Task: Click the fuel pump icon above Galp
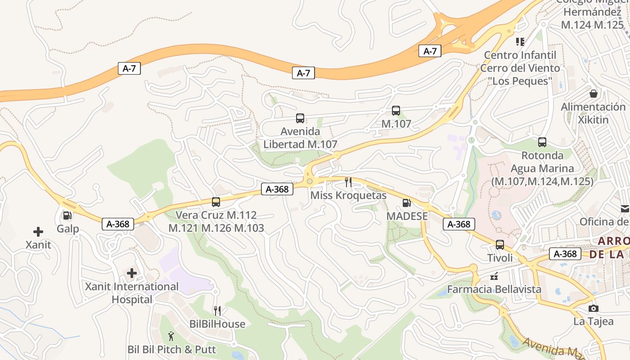coord(67,216)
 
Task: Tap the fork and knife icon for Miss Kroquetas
coord(348,182)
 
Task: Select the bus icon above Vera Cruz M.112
coord(216,202)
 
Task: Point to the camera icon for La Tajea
coord(594,308)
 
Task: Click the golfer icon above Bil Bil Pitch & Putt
coord(171,336)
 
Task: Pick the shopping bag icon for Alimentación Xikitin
coord(594,94)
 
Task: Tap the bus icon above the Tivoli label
coord(500,245)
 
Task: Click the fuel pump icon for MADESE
coord(406,203)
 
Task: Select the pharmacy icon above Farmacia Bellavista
coord(494,276)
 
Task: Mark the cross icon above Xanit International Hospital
coord(132,273)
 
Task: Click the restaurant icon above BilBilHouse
coord(217,311)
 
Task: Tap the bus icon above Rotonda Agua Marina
coord(542,142)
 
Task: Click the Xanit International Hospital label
coord(132,293)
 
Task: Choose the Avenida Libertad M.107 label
coord(300,138)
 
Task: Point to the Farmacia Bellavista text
coord(494,289)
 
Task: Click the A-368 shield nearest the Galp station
coord(118,224)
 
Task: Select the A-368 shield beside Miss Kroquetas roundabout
coord(277,189)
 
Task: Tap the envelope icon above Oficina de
coord(625,208)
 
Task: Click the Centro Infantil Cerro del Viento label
coord(520,68)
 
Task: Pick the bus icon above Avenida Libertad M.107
coord(300,118)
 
